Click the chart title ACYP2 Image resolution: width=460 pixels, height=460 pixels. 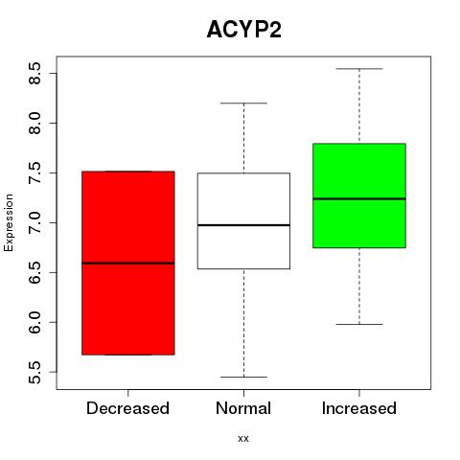coord(244,30)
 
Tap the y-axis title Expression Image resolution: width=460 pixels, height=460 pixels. coord(9,222)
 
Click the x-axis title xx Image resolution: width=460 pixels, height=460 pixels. coord(243,439)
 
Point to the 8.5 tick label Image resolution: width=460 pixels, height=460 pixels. coord(34,73)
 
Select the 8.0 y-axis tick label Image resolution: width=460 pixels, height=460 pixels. coord(34,123)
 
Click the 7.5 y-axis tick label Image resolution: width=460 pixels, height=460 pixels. coord(34,172)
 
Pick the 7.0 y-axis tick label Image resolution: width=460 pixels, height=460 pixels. coord(34,222)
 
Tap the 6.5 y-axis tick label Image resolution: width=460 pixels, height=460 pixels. coord(34,272)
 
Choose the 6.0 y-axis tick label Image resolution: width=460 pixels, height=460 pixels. coord(34,322)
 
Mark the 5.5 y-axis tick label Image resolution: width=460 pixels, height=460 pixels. coord(34,372)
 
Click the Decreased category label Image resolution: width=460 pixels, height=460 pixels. coord(127,408)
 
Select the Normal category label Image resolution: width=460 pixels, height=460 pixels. coord(243,408)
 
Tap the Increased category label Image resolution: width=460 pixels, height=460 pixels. coord(359,408)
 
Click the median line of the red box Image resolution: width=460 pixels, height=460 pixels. coord(128,264)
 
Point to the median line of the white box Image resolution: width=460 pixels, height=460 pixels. coord(243,225)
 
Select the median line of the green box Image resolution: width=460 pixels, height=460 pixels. coord(359,198)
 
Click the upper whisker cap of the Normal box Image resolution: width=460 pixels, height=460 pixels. coord(243,103)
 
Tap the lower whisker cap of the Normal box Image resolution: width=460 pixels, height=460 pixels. coord(243,377)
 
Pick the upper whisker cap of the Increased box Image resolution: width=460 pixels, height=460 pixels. coord(359,69)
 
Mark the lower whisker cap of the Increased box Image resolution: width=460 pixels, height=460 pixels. coord(359,324)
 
